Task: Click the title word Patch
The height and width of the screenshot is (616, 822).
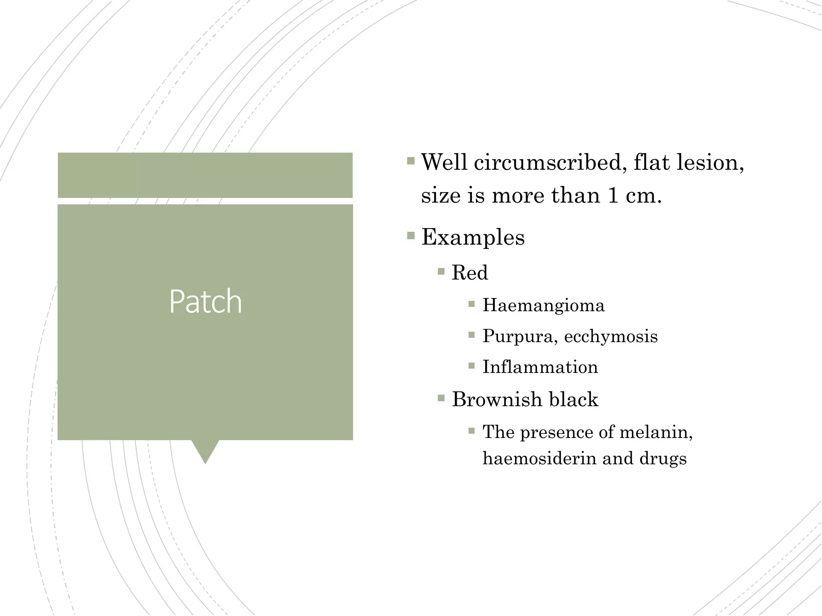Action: coord(205,301)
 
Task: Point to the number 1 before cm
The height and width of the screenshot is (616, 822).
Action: coord(612,196)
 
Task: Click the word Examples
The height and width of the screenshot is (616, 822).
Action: coord(473,237)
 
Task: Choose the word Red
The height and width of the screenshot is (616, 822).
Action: coord(470,273)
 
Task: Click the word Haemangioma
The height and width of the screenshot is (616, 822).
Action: coord(543,305)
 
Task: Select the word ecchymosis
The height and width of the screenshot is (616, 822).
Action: coord(610,336)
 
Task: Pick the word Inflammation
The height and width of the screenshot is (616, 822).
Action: coord(540,367)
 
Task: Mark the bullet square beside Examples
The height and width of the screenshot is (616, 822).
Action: coord(411,235)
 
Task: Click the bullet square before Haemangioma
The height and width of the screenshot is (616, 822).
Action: coord(472,304)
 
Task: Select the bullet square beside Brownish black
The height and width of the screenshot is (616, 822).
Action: coord(441,398)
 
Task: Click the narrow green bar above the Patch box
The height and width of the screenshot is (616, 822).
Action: coord(205,175)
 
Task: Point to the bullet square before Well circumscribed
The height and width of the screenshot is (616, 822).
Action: coord(411,161)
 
